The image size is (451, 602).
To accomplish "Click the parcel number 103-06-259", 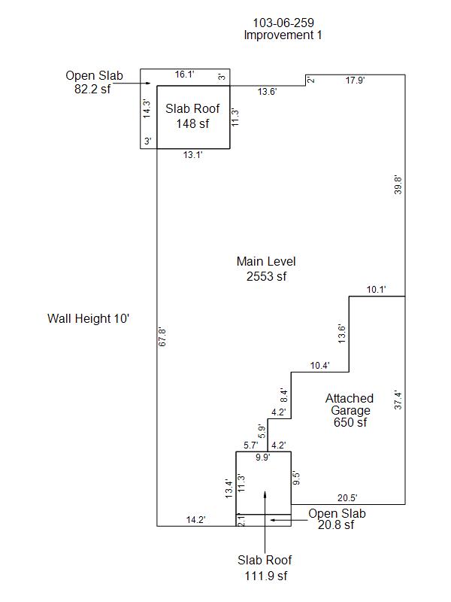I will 283,23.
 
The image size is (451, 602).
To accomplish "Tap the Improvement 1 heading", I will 283,35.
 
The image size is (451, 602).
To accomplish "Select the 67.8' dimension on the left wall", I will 162,336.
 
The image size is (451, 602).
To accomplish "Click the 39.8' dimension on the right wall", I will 398,185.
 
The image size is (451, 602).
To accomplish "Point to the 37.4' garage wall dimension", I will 398,400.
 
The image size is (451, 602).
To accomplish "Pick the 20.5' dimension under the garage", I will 347,497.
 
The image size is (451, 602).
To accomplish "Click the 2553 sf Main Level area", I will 266,276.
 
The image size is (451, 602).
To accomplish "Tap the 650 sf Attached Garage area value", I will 350,423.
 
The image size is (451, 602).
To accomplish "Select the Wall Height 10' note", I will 89,318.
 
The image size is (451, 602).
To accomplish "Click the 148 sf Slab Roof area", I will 187,123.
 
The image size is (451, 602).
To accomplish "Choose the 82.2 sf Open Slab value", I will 94,87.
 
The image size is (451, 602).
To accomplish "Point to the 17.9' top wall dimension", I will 356,80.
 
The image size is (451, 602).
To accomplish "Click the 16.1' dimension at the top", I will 185,74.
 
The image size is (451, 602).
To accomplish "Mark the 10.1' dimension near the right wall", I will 376,290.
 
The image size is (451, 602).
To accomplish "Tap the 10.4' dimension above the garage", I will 320,366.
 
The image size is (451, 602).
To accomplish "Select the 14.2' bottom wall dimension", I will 196,519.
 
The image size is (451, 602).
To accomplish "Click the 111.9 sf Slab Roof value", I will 265,576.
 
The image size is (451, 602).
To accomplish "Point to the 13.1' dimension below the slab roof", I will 194,154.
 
